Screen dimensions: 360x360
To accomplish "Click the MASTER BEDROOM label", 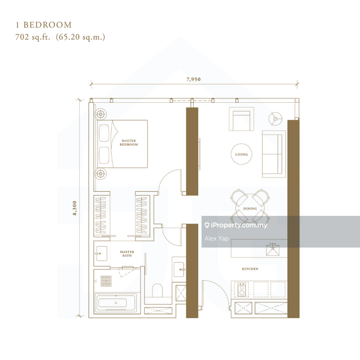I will [x=129, y=143].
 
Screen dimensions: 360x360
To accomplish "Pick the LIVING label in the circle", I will [x=241, y=154].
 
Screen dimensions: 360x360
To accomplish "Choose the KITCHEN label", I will [x=250, y=269].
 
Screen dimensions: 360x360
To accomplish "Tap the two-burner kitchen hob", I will [x=242, y=289].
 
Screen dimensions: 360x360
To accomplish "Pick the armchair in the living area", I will [x=241, y=119].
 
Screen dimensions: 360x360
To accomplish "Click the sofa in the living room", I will [x=274, y=154].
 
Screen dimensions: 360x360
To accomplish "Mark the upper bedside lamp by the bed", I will [x=100, y=114].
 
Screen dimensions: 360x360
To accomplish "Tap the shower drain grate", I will [x=106, y=280].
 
